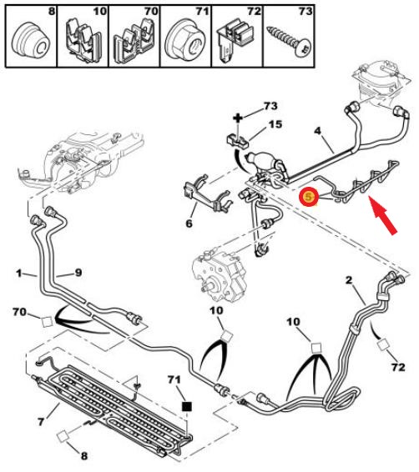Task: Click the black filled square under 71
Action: pos(187,407)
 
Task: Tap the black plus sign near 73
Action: pos(238,118)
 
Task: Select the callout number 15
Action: pos(275,124)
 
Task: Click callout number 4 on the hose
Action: pos(317,131)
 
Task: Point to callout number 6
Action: pos(189,223)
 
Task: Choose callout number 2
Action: pos(349,280)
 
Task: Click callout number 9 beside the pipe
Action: pos(78,273)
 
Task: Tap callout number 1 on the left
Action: pos(19,274)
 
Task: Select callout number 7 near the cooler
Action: pos(41,421)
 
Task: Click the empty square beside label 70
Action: pos(47,322)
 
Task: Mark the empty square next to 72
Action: pos(383,345)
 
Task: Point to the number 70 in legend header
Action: pos(151,12)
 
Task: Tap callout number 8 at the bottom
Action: pos(84,455)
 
